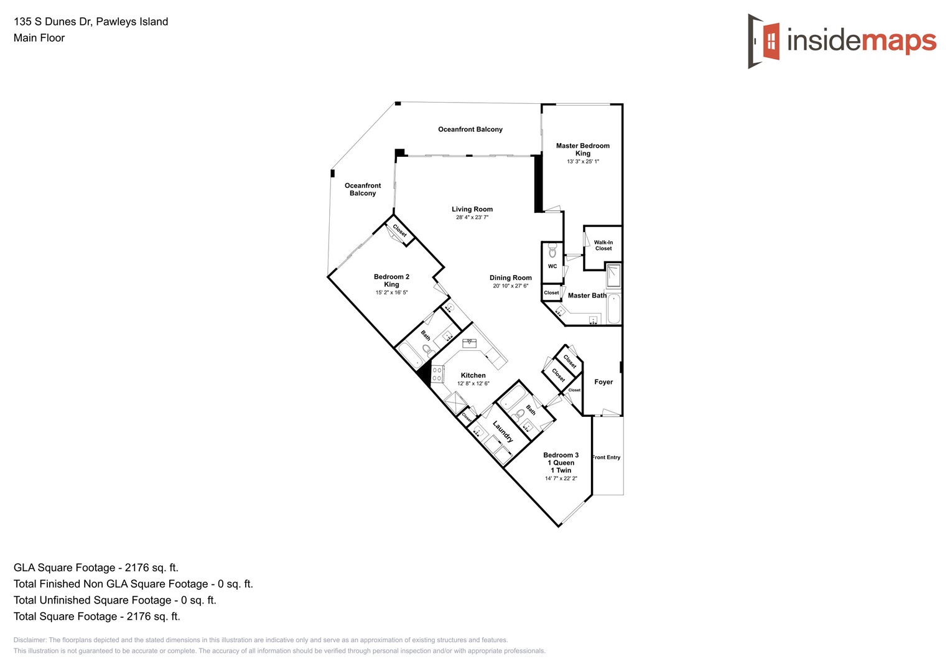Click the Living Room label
(x=472, y=209)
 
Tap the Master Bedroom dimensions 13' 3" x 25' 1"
(x=583, y=162)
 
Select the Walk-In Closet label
(x=603, y=245)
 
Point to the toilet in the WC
(x=552, y=252)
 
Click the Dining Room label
(x=510, y=278)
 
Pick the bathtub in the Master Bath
(x=613, y=309)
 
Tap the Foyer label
(x=603, y=382)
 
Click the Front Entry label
(x=607, y=457)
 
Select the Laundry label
(x=503, y=432)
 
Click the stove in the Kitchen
(x=437, y=374)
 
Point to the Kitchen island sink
(x=470, y=342)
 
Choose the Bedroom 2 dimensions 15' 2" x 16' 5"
(x=391, y=292)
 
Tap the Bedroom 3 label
(x=561, y=455)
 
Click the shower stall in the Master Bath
(x=613, y=275)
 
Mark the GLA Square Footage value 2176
(x=137, y=567)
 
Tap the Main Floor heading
(x=39, y=38)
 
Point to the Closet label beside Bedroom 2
(x=399, y=230)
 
